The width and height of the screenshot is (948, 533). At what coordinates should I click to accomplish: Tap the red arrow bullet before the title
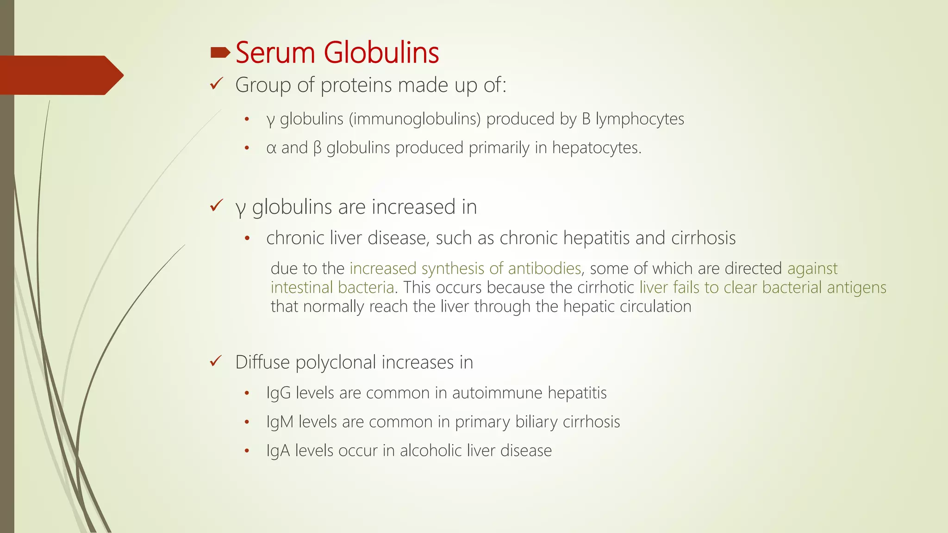220,53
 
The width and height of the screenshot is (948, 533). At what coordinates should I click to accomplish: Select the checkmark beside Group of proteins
216,84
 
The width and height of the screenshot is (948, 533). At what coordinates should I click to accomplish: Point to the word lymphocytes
639,119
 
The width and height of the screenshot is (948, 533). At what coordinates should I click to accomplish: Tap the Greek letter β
317,148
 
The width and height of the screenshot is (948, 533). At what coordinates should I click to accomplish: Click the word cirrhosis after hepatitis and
703,238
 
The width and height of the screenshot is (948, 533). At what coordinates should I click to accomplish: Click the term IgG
278,393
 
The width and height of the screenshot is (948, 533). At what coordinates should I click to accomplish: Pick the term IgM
280,422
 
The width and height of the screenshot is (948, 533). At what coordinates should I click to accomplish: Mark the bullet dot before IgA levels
247,451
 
